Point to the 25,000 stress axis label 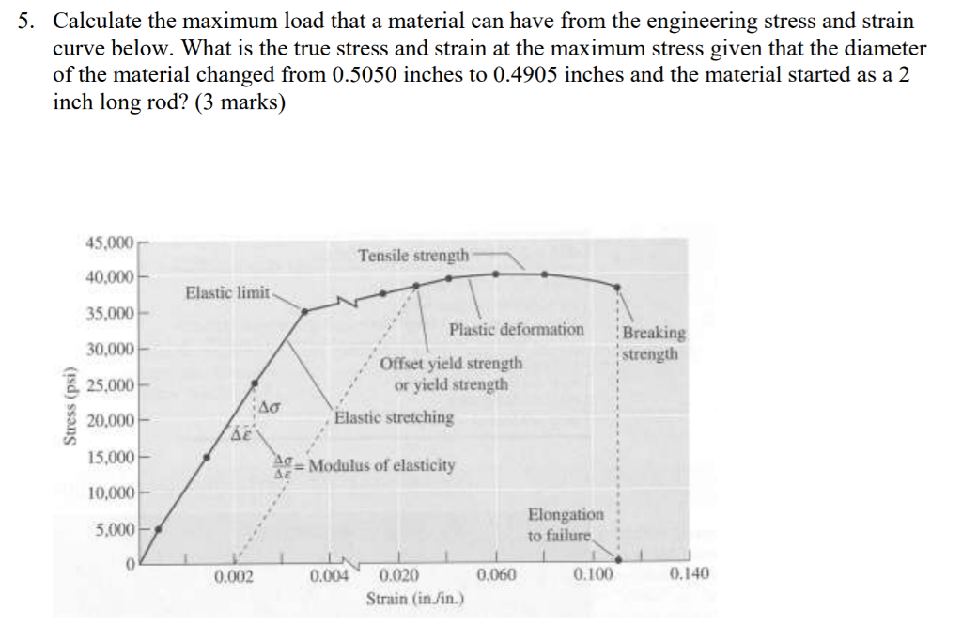(115, 384)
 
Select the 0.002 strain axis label (233, 575)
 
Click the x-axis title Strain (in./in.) (412, 598)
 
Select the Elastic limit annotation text (227, 292)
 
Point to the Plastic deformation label (516, 329)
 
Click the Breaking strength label (654, 343)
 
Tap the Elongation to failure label (566, 524)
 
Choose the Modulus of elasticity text (383, 465)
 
